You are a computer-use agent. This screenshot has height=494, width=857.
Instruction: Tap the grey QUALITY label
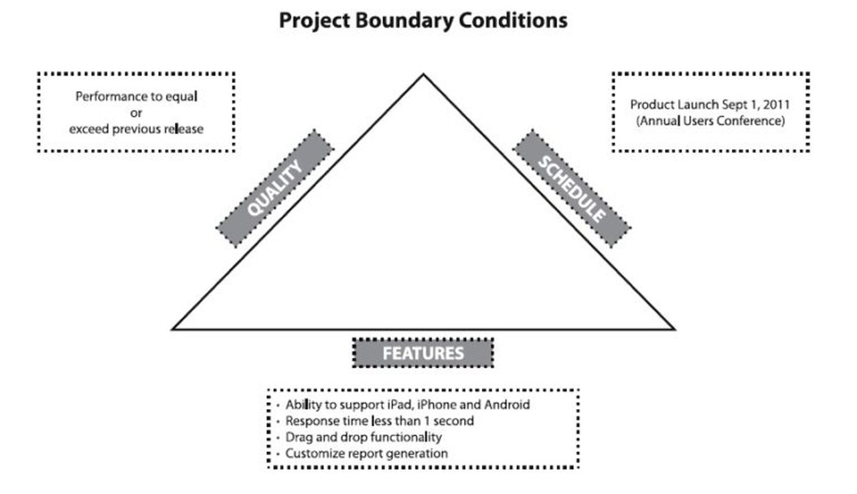pos(275,188)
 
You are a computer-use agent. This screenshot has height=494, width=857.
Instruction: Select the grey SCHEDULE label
pos(572,188)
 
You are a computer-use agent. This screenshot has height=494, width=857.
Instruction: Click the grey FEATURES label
pos(422,353)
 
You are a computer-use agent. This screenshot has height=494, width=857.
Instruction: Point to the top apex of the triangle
pos(423,74)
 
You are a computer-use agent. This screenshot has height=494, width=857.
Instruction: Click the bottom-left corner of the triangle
pos(173,329)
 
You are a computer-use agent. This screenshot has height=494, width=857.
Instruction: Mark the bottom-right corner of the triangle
pos(673,329)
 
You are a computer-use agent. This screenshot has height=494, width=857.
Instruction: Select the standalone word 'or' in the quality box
pos(136,112)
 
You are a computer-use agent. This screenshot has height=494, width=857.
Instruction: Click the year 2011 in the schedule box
pos(777,105)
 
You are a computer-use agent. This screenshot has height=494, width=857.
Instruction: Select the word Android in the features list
pos(508,404)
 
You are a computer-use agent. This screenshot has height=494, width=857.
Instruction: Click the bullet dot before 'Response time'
pos(279,422)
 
